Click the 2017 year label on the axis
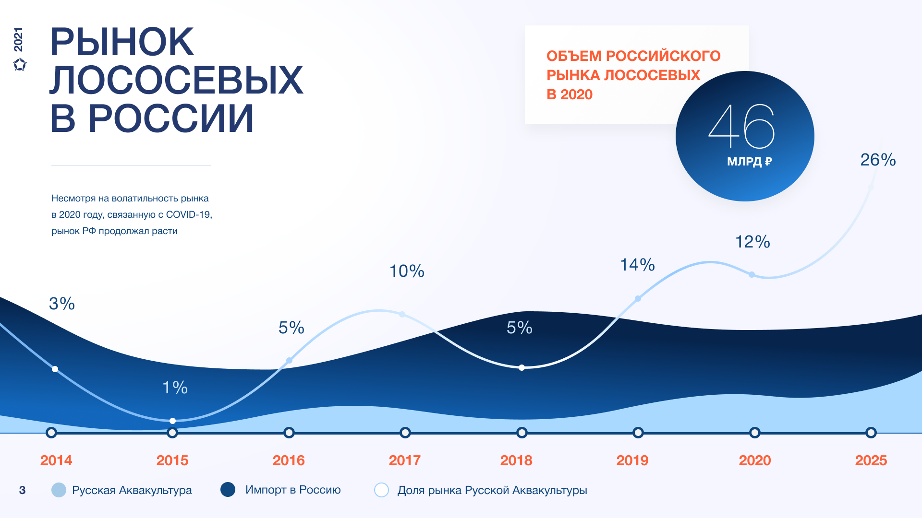405,460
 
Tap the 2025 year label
871,460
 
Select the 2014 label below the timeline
56,460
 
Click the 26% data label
878,160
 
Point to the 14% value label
637,265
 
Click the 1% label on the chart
175,388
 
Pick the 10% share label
407,271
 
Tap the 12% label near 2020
752,242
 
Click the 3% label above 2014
62,304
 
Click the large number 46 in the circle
742,126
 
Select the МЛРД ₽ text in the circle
749,162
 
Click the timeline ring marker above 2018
522,433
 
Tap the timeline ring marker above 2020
754,433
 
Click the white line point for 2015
172,421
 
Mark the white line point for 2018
522,368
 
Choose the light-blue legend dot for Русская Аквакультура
59,490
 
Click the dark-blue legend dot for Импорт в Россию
228,490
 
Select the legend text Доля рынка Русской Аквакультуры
492,490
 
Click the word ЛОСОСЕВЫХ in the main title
177,80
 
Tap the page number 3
22,490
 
